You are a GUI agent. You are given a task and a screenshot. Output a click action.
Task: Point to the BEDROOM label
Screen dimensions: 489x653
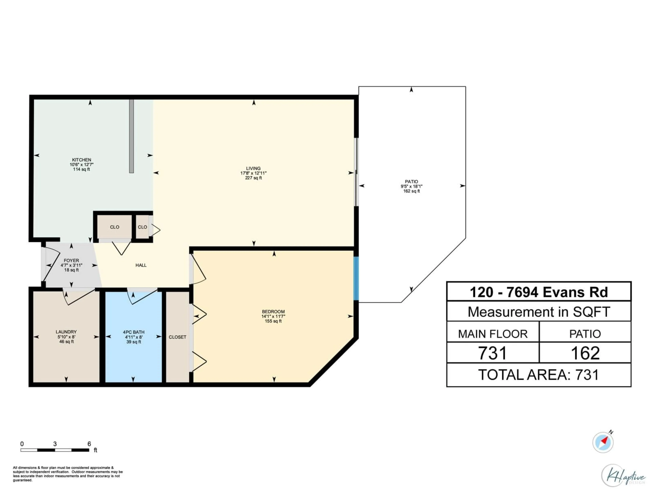click(273, 312)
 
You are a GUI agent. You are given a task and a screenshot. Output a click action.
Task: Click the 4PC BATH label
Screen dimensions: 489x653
click(133, 332)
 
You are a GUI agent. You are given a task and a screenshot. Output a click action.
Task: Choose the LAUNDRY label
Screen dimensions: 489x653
click(66, 332)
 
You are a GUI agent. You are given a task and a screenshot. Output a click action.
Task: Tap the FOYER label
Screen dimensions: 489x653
click(71, 261)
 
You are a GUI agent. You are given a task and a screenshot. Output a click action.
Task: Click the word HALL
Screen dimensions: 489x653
click(141, 265)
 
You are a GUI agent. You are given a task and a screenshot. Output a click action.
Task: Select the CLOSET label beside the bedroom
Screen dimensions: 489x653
click(177, 337)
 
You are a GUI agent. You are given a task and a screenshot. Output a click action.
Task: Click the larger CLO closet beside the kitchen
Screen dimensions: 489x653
click(115, 227)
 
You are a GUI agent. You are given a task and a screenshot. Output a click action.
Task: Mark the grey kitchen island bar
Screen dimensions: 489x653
click(131, 136)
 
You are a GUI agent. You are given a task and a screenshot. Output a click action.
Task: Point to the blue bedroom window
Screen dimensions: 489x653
click(356, 279)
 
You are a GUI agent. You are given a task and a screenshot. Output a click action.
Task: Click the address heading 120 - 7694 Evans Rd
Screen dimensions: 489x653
click(539, 292)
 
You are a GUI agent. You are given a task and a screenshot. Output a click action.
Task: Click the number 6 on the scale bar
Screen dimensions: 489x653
click(89, 444)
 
